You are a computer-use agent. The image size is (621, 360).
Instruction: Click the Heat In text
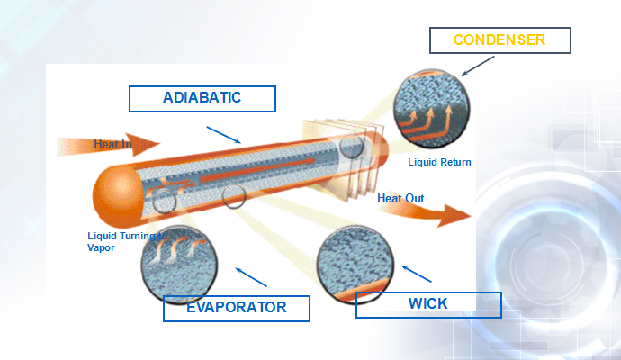coord(112,145)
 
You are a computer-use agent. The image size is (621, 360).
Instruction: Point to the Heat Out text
coord(400,198)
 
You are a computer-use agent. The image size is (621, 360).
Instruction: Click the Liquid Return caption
coord(439,162)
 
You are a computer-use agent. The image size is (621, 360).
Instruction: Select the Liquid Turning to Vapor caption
coord(127,241)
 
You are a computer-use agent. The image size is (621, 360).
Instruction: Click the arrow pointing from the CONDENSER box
coord(478,66)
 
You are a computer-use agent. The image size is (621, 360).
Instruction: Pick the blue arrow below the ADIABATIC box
coord(224,135)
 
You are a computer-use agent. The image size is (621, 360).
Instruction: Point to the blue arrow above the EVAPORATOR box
coord(251,277)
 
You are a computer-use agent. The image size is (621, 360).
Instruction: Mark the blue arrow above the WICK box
coord(416,274)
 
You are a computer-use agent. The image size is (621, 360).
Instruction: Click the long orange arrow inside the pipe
coord(257,169)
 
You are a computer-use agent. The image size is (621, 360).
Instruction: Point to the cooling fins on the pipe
coord(344,159)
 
